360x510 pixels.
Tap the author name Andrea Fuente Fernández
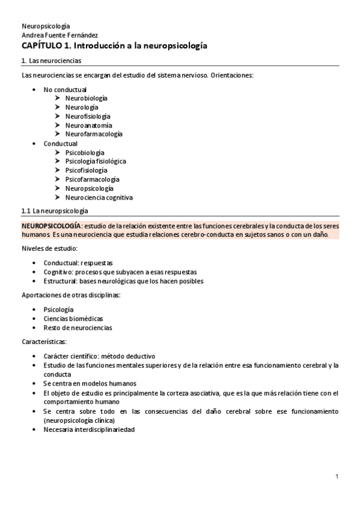point(59,35)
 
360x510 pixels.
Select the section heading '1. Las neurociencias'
point(51,61)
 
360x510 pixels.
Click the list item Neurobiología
point(87,98)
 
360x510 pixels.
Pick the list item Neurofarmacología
point(93,134)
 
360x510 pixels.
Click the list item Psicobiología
point(84,153)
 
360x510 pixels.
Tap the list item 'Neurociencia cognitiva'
point(99,197)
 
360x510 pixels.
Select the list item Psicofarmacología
point(92,179)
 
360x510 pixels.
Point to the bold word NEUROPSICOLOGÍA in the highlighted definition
point(50,225)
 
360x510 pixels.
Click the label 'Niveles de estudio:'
point(49,248)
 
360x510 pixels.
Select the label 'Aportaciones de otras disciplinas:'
point(70,295)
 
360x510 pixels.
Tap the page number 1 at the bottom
point(337,477)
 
